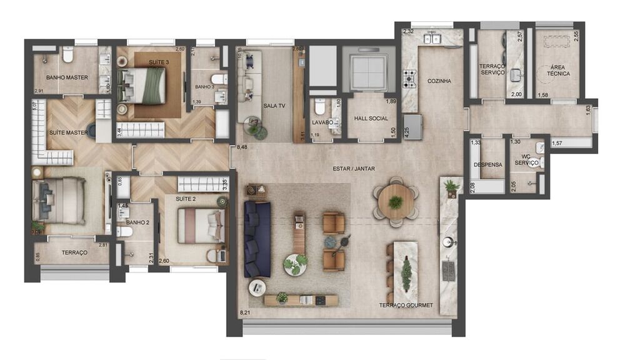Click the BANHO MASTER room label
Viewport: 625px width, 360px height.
tap(67, 77)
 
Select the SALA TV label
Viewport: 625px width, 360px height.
tap(274, 106)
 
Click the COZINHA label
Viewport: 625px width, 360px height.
tap(439, 81)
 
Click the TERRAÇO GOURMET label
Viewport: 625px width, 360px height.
tap(406, 305)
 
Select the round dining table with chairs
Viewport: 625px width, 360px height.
tap(396, 202)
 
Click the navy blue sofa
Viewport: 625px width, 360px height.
tap(257, 239)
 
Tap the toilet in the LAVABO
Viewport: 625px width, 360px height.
tap(320, 106)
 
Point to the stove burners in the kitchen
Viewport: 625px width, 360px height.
tap(409, 78)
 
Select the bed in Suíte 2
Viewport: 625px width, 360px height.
tap(201, 226)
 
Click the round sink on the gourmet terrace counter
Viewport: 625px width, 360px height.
tap(447, 242)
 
